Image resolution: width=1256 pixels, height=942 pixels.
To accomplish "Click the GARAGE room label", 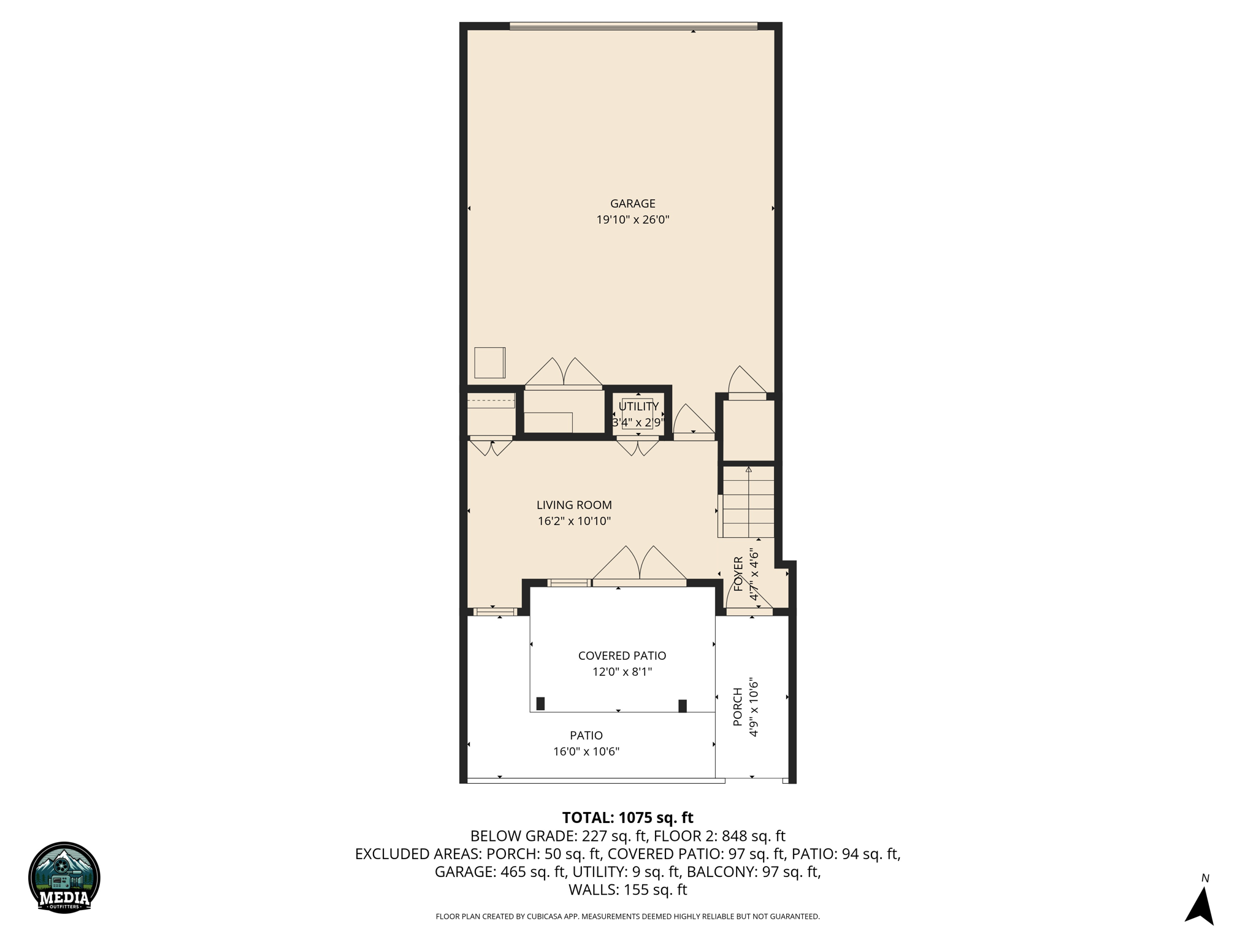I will tap(632, 204).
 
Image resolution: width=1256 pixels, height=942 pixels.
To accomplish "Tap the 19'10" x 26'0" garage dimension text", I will tap(632, 220).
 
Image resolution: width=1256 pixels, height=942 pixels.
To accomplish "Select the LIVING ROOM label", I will tap(574, 505).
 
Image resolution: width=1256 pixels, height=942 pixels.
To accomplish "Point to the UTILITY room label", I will tap(638, 407).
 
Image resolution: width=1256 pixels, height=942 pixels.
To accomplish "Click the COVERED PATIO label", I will tap(622, 656).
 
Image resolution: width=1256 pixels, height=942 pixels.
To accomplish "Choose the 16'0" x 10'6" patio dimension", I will tap(586, 751).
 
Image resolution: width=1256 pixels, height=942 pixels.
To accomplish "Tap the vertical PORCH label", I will tap(738, 707).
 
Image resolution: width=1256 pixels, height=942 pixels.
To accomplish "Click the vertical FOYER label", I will tap(738, 573).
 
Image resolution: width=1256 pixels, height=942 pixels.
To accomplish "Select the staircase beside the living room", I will tap(748, 502).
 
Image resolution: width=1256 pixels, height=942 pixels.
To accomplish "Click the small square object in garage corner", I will tap(489, 362).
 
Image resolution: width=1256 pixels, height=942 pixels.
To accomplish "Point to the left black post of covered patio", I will tap(540, 703).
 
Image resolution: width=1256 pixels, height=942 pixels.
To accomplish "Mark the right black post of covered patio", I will tap(682, 706).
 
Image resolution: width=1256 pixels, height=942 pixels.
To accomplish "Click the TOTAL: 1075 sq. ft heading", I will tap(627, 818).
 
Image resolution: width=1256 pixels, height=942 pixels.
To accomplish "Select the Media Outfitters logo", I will tap(64, 877).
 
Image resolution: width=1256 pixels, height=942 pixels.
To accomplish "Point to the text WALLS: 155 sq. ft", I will tap(627, 890).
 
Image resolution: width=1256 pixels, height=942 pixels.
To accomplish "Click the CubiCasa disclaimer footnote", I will tap(627, 917).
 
